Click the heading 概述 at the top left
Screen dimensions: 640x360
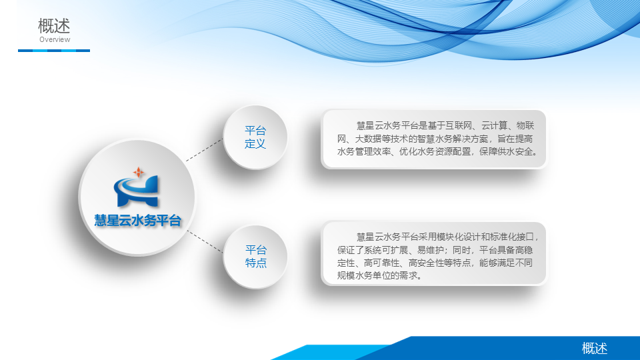[54, 26]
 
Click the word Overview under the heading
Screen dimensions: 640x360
[55, 39]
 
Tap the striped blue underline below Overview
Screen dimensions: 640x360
[54, 51]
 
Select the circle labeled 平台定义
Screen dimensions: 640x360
[255, 137]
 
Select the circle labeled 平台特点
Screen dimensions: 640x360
[255, 257]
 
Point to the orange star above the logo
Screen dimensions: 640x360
[139, 172]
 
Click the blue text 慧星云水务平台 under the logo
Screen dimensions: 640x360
[137, 221]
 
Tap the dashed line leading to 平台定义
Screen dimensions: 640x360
[205, 150]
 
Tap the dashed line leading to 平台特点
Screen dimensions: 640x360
[205, 241]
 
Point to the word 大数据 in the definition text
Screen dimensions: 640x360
[368, 139]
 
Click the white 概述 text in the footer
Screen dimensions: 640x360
[594, 349]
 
